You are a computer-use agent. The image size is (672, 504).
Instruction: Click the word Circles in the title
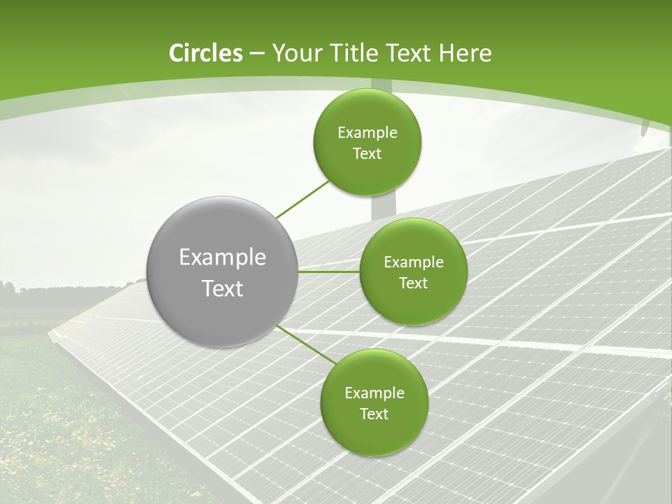205,53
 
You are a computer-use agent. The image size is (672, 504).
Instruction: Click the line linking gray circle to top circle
303,198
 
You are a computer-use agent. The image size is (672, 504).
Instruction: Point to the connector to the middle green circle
329,272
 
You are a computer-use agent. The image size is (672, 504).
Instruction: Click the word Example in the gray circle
223,258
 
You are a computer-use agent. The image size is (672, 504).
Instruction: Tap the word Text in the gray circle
223,288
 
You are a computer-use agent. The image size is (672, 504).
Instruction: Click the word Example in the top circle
367,133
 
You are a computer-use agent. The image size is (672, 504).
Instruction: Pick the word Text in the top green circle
367,154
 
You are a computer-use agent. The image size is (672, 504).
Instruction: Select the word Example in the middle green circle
414,262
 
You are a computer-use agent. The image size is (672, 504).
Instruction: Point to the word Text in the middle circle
414,283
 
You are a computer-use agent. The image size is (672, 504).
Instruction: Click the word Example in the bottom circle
374,393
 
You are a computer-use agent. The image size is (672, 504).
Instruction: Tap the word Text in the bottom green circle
374,414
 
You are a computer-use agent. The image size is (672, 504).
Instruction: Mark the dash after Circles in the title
256,54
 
